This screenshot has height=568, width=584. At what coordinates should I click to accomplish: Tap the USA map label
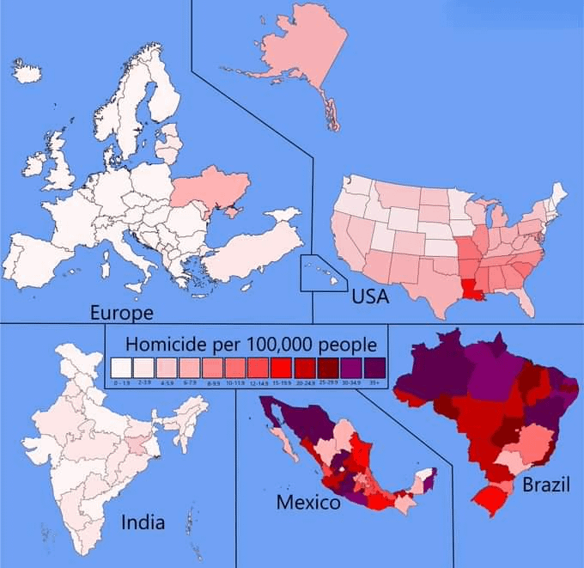tap(371, 297)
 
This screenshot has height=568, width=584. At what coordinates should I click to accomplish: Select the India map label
tap(144, 522)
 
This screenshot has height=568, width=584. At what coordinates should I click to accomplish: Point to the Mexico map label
tap(307, 503)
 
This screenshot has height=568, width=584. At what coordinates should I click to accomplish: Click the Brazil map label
tap(545, 485)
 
